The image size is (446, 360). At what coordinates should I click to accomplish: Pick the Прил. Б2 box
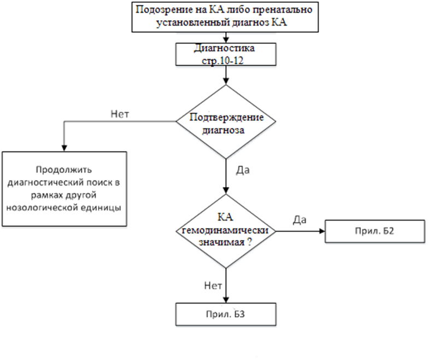[x=375, y=231]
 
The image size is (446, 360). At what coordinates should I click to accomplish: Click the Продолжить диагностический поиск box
[x=64, y=189]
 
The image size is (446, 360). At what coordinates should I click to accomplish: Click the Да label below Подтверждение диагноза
[x=242, y=170]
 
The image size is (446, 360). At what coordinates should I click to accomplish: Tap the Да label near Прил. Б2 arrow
[x=300, y=220]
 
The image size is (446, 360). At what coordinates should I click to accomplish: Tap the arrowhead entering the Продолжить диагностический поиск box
[x=64, y=148]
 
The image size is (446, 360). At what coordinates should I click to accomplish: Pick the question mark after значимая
[x=249, y=242]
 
